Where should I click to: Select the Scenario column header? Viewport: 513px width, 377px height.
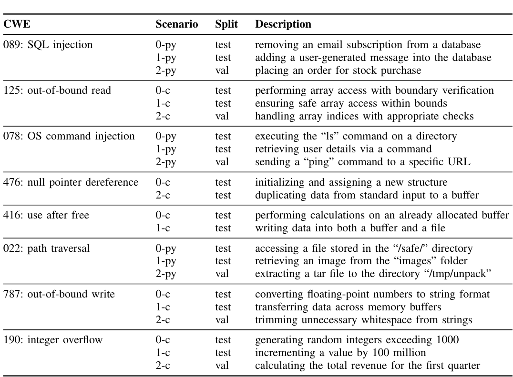click(x=176, y=24)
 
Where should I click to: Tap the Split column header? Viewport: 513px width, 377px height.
click(x=226, y=24)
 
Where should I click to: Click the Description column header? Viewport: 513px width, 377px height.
click(x=283, y=24)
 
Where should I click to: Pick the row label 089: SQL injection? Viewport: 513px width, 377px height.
click(x=48, y=45)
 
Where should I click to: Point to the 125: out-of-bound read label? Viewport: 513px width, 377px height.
click(x=57, y=90)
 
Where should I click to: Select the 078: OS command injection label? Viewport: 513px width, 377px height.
click(x=69, y=136)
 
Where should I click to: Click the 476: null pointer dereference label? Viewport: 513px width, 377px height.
click(x=71, y=182)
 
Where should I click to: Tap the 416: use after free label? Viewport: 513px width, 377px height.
click(x=46, y=215)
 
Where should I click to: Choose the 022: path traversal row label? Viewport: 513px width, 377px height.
click(x=46, y=248)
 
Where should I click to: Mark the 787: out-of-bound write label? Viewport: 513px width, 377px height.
click(x=59, y=294)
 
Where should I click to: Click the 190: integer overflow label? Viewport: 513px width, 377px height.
click(x=52, y=340)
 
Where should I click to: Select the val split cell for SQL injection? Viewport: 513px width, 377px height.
click(x=222, y=70)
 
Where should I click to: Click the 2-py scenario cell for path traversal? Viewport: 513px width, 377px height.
click(x=165, y=274)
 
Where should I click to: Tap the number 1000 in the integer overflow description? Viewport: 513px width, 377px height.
click(x=448, y=340)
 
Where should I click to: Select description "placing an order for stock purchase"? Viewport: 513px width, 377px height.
click(x=338, y=70)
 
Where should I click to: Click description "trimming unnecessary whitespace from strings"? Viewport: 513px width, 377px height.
click(x=363, y=320)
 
